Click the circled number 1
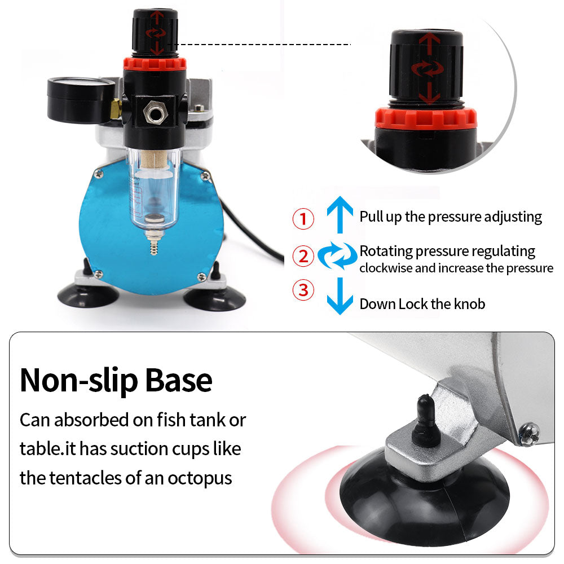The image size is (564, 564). pyautogui.click(x=303, y=219)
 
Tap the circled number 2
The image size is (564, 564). pyautogui.click(x=303, y=255)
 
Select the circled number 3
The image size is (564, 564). pyautogui.click(x=303, y=290)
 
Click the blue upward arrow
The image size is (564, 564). pyautogui.click(x=340, y=214)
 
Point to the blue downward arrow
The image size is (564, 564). pyautogui.click(x=340, y=296)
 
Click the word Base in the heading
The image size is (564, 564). pyautogui.click(x=178, y=380)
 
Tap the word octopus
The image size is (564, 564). pyautogui.click(x=200, y=479)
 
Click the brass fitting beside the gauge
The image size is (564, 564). pyautogui.click(x=116, y=109)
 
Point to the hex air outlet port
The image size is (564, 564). pyautogui.click(x=156, y=113)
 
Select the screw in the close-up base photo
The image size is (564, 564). pyautogui.click(x=530, y=434)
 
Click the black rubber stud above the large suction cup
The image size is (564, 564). pyautogui.click(x=426, y=421)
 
